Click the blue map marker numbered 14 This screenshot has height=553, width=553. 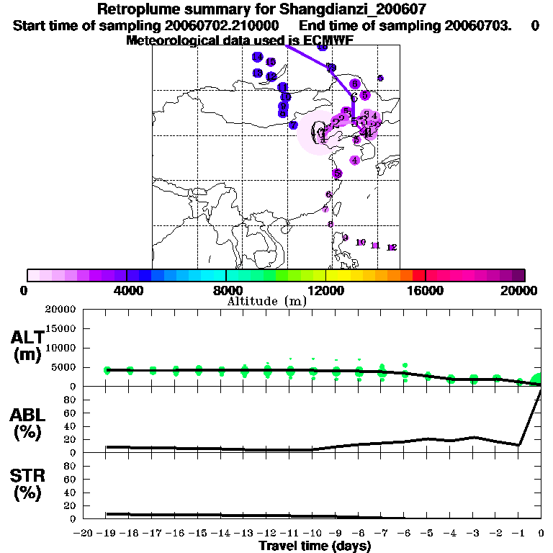coord(257,57)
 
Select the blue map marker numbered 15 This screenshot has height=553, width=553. coord(270,63)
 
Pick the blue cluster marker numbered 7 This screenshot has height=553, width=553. coord(293,125)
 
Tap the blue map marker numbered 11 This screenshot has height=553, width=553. coord(283,87)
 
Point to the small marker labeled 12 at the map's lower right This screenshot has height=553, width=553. coord(392,248)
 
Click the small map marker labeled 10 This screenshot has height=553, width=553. coord(361,243)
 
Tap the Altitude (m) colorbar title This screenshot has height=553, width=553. coord(266,301)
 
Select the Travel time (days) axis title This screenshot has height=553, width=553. coord(315,546)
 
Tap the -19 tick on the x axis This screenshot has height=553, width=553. coord(107,533)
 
